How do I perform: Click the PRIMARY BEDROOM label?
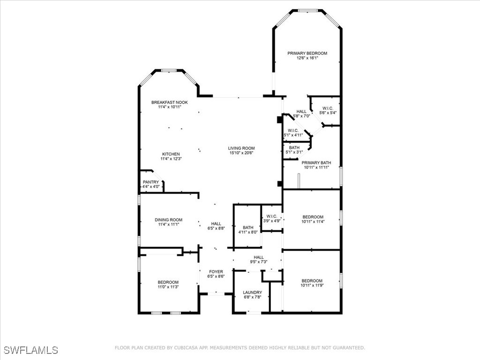pyautogui.click(x=307, y=53)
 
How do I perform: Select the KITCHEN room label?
pyautogui.click(x=171, y=154)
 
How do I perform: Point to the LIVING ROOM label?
pyautogui.click(x=241, y=148)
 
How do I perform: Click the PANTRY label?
pyautogui.click(x=150, y=182)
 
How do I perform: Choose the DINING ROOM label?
pyautogui.click(x=168, y=220)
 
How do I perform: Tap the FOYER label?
pyautogui.click(x=216, y=271)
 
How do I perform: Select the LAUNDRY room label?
pyautogui.click(x=252, y=292)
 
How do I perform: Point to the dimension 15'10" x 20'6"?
pyautogui.click(x=241, y=153)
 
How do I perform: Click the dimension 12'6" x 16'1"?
pyautogui.click(x=307, y=58)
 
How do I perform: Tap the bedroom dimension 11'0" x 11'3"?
pyautogui.click(x=168, y=287)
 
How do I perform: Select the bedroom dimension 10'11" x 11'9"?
pyautogui.click(x=312, y=285)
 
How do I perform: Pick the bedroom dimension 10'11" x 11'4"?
pyautogui.click(x=313, y=222)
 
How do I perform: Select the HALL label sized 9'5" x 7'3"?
pyautogui.click(x=259, y=257)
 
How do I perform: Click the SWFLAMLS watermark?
pyautogui.click(x=31, y=350)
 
